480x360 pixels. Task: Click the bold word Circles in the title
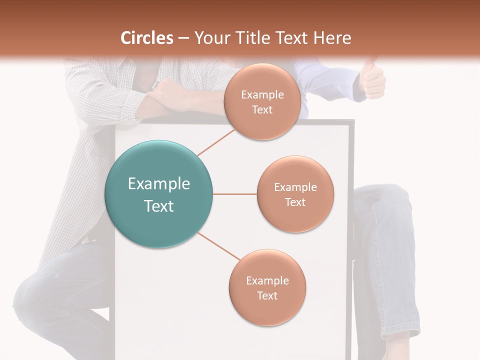(x=146, y=38)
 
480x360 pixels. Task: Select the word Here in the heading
(x=332, y=38)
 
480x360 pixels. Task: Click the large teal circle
(x=158, y=194)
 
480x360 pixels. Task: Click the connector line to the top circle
(x=216, y=142)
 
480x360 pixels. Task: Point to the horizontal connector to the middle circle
(x=234, y=194)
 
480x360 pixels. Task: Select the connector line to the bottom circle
(x=218, y=246)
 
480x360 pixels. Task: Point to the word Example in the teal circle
(x=158, y=183)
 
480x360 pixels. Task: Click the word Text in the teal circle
(x=158, y=205)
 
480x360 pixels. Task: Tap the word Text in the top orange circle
(x=262, y=109)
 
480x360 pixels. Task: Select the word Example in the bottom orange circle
(x=267, y=280)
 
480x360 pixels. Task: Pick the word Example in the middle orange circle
(x=295, y=187)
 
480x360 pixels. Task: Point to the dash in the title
(x=183, y=38)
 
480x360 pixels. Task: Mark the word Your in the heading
(x=208, y=38)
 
